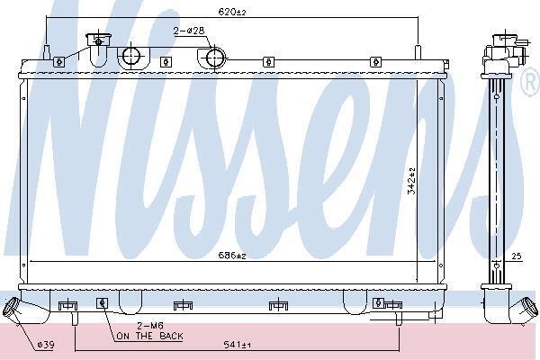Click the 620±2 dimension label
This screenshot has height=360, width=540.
coord(232,13)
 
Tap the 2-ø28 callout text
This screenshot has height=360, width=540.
coord(189,31)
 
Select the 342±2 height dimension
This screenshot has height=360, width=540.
coord(411,181)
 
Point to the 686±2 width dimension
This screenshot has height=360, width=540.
coord(232,256)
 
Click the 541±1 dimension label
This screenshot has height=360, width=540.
coord(238,344)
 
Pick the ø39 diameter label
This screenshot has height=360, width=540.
coord(46,345)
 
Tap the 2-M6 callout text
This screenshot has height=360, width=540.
coord(150,325)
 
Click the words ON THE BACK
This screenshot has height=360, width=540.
coord(149,336)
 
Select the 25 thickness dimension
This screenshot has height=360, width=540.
coord(517,256)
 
